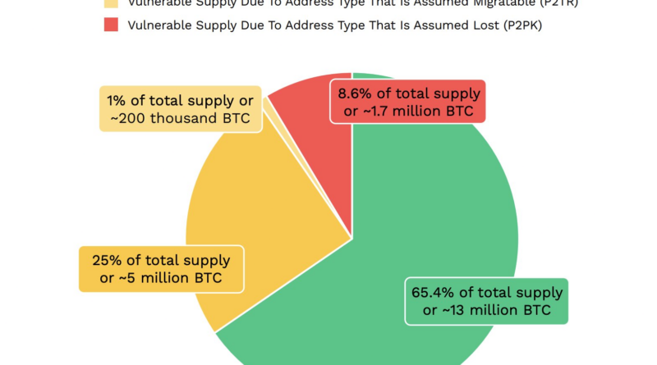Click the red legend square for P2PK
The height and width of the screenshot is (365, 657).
(111, 25)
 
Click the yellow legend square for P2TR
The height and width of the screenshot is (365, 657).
(111, 2)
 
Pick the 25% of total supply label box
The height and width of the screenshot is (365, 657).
(161, 269)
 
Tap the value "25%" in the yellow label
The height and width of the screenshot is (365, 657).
(108, 261)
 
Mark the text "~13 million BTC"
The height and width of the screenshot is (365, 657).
(485, 310)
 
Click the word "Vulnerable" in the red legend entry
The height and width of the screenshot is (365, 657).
(161, 25)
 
